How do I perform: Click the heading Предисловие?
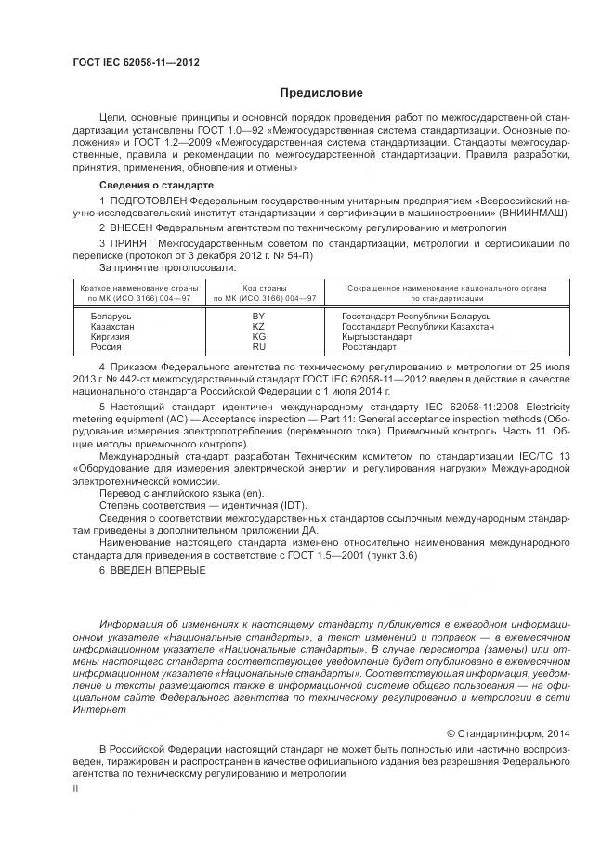pos(321,93)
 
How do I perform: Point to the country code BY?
pos(258,317)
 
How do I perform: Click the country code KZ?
pos(258,327)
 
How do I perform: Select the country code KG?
pos(258,337)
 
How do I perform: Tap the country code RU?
pos(258,347)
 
